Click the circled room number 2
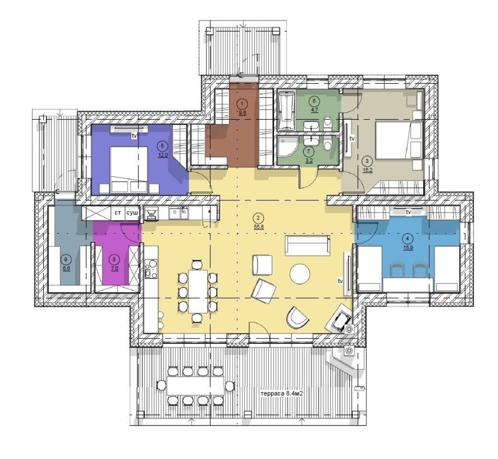[258, 218]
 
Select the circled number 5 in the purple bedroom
[163, 146]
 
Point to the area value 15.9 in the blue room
[408, 248]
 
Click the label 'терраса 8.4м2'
[281, 393]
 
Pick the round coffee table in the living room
[300, 274]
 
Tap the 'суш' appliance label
[132, 213]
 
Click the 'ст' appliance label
[118, 213]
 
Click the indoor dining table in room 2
[198, 291]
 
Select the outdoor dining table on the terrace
[195, 386]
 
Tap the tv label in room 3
[352, 139]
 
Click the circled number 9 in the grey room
[66, 259]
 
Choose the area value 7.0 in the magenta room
[115, 268]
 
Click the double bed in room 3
[399, 140]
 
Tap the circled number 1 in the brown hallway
[243, 103]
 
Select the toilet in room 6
[328, 123]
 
